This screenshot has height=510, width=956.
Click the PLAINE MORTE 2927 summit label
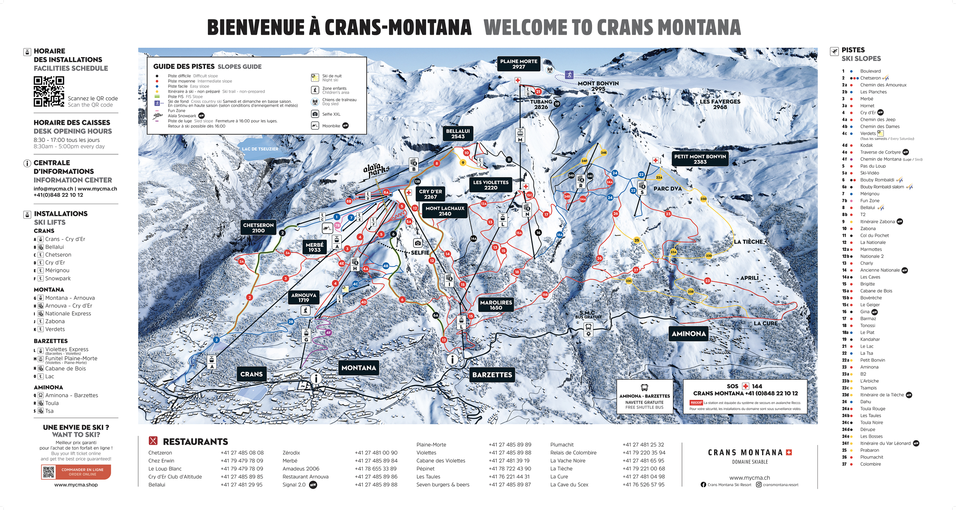518,64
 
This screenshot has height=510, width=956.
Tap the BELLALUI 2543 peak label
458,134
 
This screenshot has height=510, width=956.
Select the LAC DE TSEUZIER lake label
260,149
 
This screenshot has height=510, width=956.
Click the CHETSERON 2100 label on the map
258,228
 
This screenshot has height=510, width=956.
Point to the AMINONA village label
689,334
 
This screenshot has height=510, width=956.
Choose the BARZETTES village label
492,375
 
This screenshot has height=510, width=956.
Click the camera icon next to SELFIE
418,243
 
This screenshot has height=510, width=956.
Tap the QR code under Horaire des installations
49,91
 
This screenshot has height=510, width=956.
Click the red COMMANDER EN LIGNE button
83,472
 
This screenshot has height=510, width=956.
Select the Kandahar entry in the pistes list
870,339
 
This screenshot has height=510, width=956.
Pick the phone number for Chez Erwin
242,461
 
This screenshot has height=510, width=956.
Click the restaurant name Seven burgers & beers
443,485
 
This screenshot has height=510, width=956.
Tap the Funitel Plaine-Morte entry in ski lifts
71,358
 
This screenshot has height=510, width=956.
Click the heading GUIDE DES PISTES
184,66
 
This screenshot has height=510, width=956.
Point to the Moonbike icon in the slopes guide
315,126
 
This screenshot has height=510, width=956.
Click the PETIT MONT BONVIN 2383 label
700,159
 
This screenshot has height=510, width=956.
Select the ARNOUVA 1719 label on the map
304,298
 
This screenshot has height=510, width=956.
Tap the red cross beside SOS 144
745,386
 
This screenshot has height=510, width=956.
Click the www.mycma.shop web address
76,485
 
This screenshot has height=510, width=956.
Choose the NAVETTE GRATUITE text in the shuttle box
644,402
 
